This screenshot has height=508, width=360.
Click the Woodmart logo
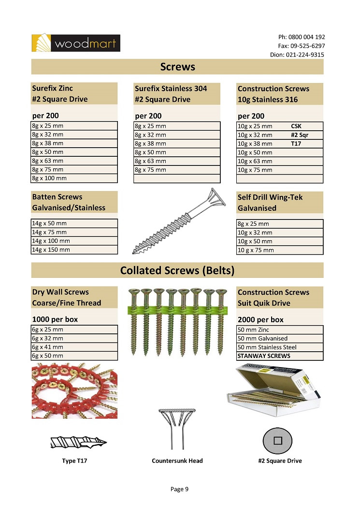pyautogui.click(x=75, y=43)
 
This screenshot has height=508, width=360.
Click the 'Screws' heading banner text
pyautogui.click(x=177, y=67)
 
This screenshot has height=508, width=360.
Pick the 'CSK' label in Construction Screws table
pyautogui.click(x=296, y=126)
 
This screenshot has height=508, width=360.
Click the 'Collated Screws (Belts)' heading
pyautogui.click(x=177, y=270)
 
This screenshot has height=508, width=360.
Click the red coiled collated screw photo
pyautogui.click(x=74, y=391)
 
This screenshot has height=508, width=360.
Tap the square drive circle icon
pyautogui.click(x=277, y=440)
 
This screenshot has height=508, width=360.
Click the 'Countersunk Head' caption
pyautogui.click(x=177, y=461)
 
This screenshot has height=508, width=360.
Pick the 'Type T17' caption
pyautogui.click(x=74, y=461)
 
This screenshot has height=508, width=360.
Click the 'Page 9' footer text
pyautogui.click(x=179, y=489)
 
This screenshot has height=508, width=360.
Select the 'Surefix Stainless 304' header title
pyautogui.click(x=171, y=88)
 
